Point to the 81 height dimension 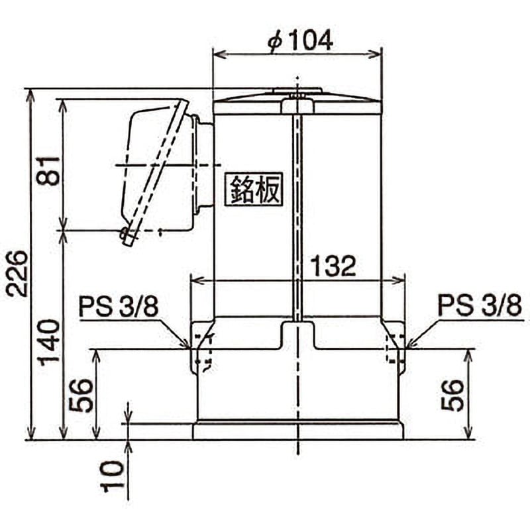pos(48,170)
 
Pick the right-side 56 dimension pos(452,396)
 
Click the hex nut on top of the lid pos(297,105)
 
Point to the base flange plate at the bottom pos(297,431)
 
